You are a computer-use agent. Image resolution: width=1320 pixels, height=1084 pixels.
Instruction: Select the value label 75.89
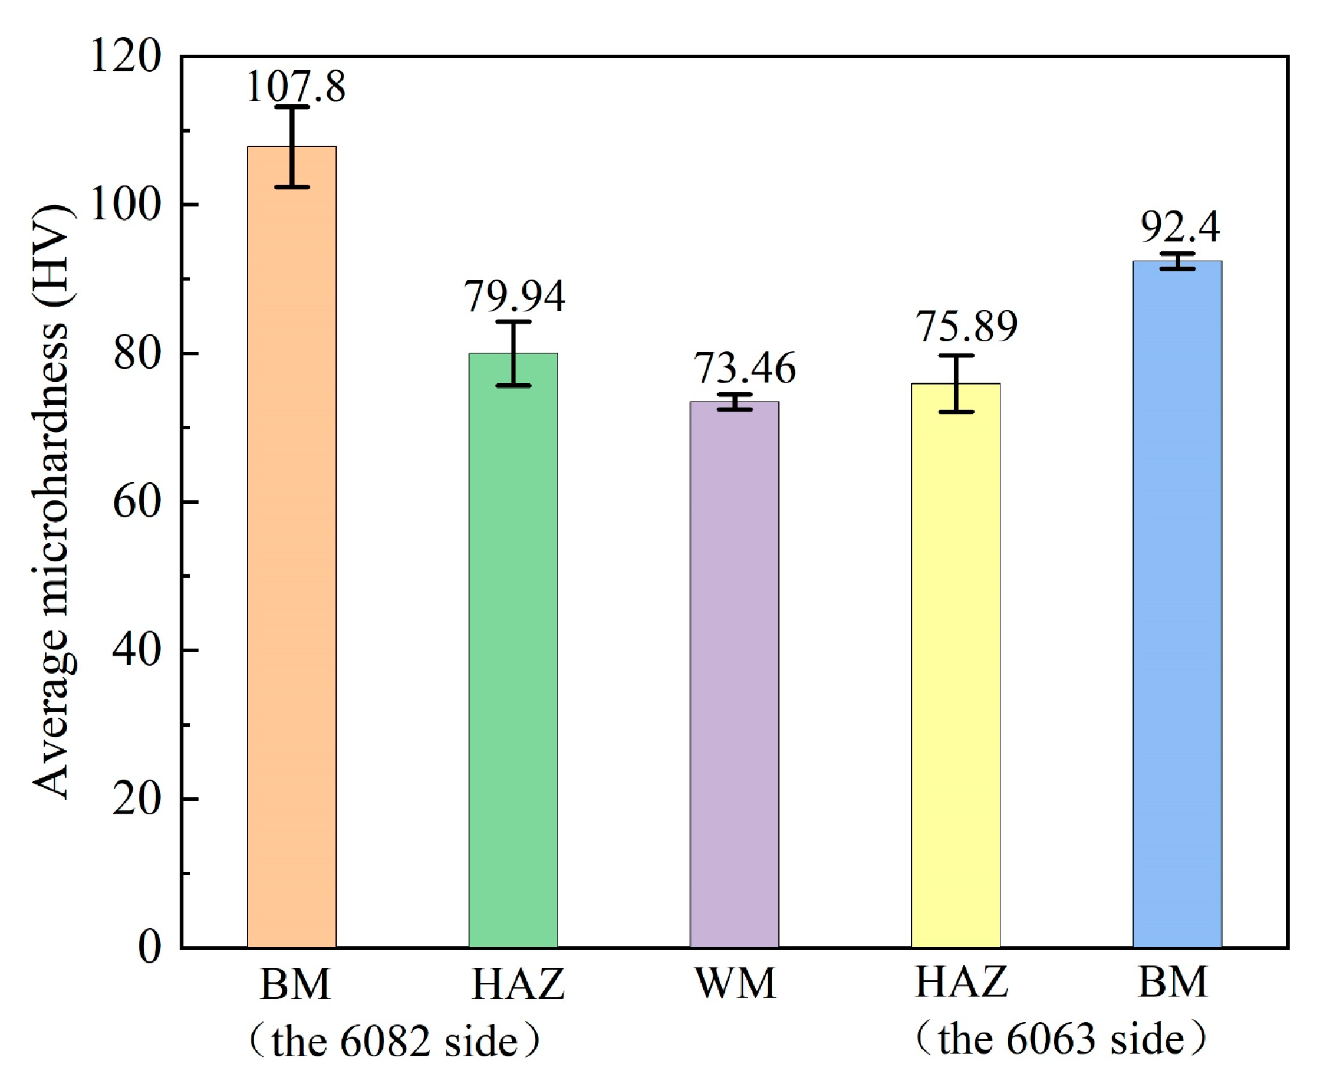(967, 326)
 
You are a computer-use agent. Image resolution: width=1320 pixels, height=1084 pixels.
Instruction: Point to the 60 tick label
(137, 502)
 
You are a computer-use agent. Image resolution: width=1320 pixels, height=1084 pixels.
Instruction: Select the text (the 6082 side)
(394, 1041)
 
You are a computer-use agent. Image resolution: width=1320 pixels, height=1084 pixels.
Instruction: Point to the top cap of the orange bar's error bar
(292, 107)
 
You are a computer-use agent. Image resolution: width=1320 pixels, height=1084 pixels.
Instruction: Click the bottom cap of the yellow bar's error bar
(956, 412)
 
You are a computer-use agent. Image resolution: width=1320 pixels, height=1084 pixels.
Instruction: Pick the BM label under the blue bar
(1173, 983)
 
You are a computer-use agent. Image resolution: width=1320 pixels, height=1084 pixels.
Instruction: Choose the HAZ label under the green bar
(518, 985)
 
